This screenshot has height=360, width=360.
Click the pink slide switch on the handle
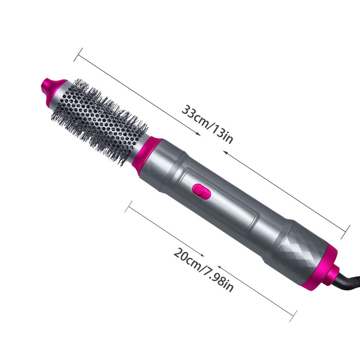(202, 191)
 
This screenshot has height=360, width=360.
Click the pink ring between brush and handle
(149, 153)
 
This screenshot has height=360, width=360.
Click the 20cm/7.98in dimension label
(203, 270)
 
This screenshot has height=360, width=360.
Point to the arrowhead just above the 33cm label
(198, 134)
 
